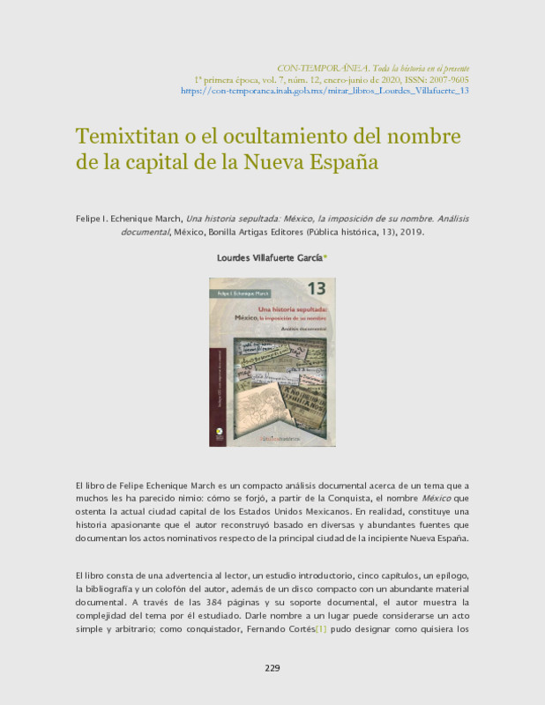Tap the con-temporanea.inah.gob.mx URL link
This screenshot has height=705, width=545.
(x=325, y=90)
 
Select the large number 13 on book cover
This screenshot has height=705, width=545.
(x=317, y=288)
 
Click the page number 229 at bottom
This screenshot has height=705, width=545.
(x=272, y=667)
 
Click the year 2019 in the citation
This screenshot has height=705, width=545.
(x=412, y=233)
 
